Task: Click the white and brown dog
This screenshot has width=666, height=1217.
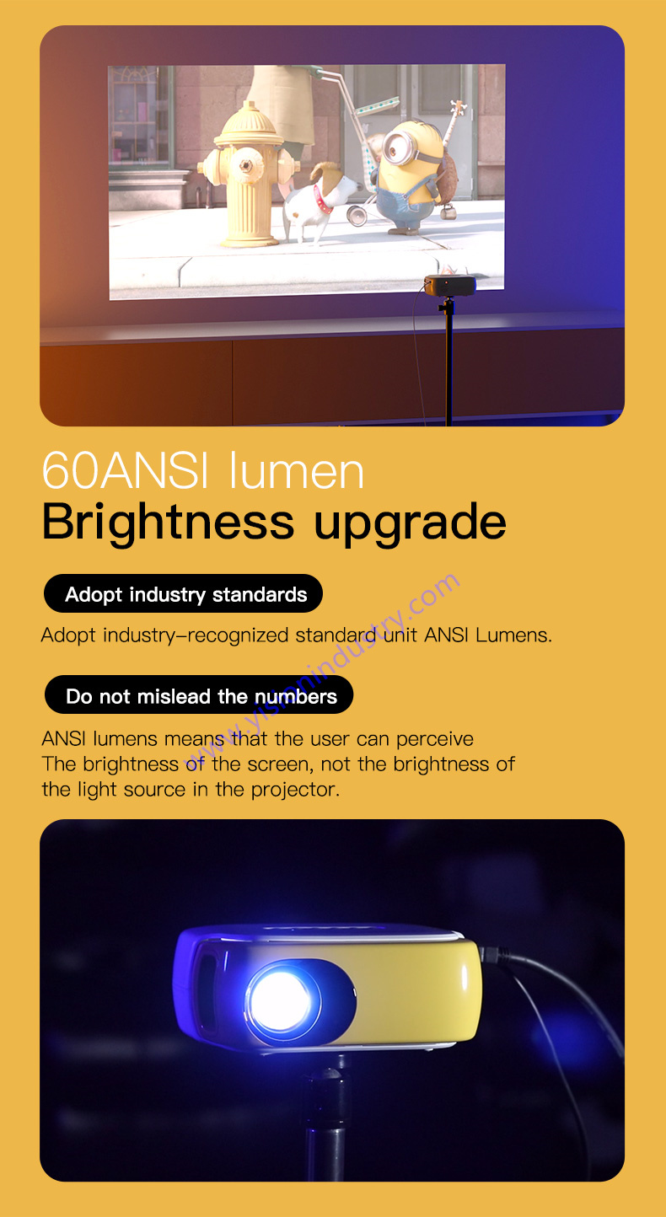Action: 319,201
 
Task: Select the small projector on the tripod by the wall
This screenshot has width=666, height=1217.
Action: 449,285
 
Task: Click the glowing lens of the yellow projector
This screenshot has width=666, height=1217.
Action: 281,1000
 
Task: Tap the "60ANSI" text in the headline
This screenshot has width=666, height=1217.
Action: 126,470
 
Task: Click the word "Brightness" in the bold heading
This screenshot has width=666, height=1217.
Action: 168,523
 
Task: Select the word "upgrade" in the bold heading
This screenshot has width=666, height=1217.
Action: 411,523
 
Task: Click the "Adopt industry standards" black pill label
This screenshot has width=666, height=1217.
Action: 183,594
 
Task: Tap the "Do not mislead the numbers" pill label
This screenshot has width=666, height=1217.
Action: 199,695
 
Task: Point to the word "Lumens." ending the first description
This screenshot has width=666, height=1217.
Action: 513,635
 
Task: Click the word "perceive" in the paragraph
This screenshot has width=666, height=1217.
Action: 434,740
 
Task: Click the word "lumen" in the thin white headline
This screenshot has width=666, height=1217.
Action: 297,470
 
